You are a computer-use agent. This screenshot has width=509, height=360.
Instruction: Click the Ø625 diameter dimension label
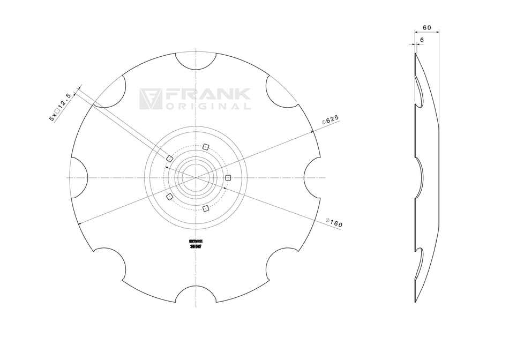point(331,120)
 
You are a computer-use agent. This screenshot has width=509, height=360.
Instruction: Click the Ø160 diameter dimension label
point(333,222)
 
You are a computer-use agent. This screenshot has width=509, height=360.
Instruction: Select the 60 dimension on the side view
point(427,27)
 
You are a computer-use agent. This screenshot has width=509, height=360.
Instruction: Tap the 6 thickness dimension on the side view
point(422,40)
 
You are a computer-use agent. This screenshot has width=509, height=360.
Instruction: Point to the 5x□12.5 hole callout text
point(60,107)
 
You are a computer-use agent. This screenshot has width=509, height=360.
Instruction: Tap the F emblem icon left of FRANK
point(149,99)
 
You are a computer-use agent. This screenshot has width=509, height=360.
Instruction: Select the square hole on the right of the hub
point(228,177)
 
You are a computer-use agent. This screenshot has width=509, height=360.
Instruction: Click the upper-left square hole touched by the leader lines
point(169,158)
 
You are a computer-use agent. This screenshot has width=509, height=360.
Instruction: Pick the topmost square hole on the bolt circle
point(205,147)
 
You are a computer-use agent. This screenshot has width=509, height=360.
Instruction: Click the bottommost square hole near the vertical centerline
point(205,208)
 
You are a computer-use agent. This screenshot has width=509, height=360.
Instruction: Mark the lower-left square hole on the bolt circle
point(169,197)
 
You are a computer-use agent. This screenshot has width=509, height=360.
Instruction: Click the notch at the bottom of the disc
point(196,294)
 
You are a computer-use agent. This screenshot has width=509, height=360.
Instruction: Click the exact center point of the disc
point(196,177)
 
